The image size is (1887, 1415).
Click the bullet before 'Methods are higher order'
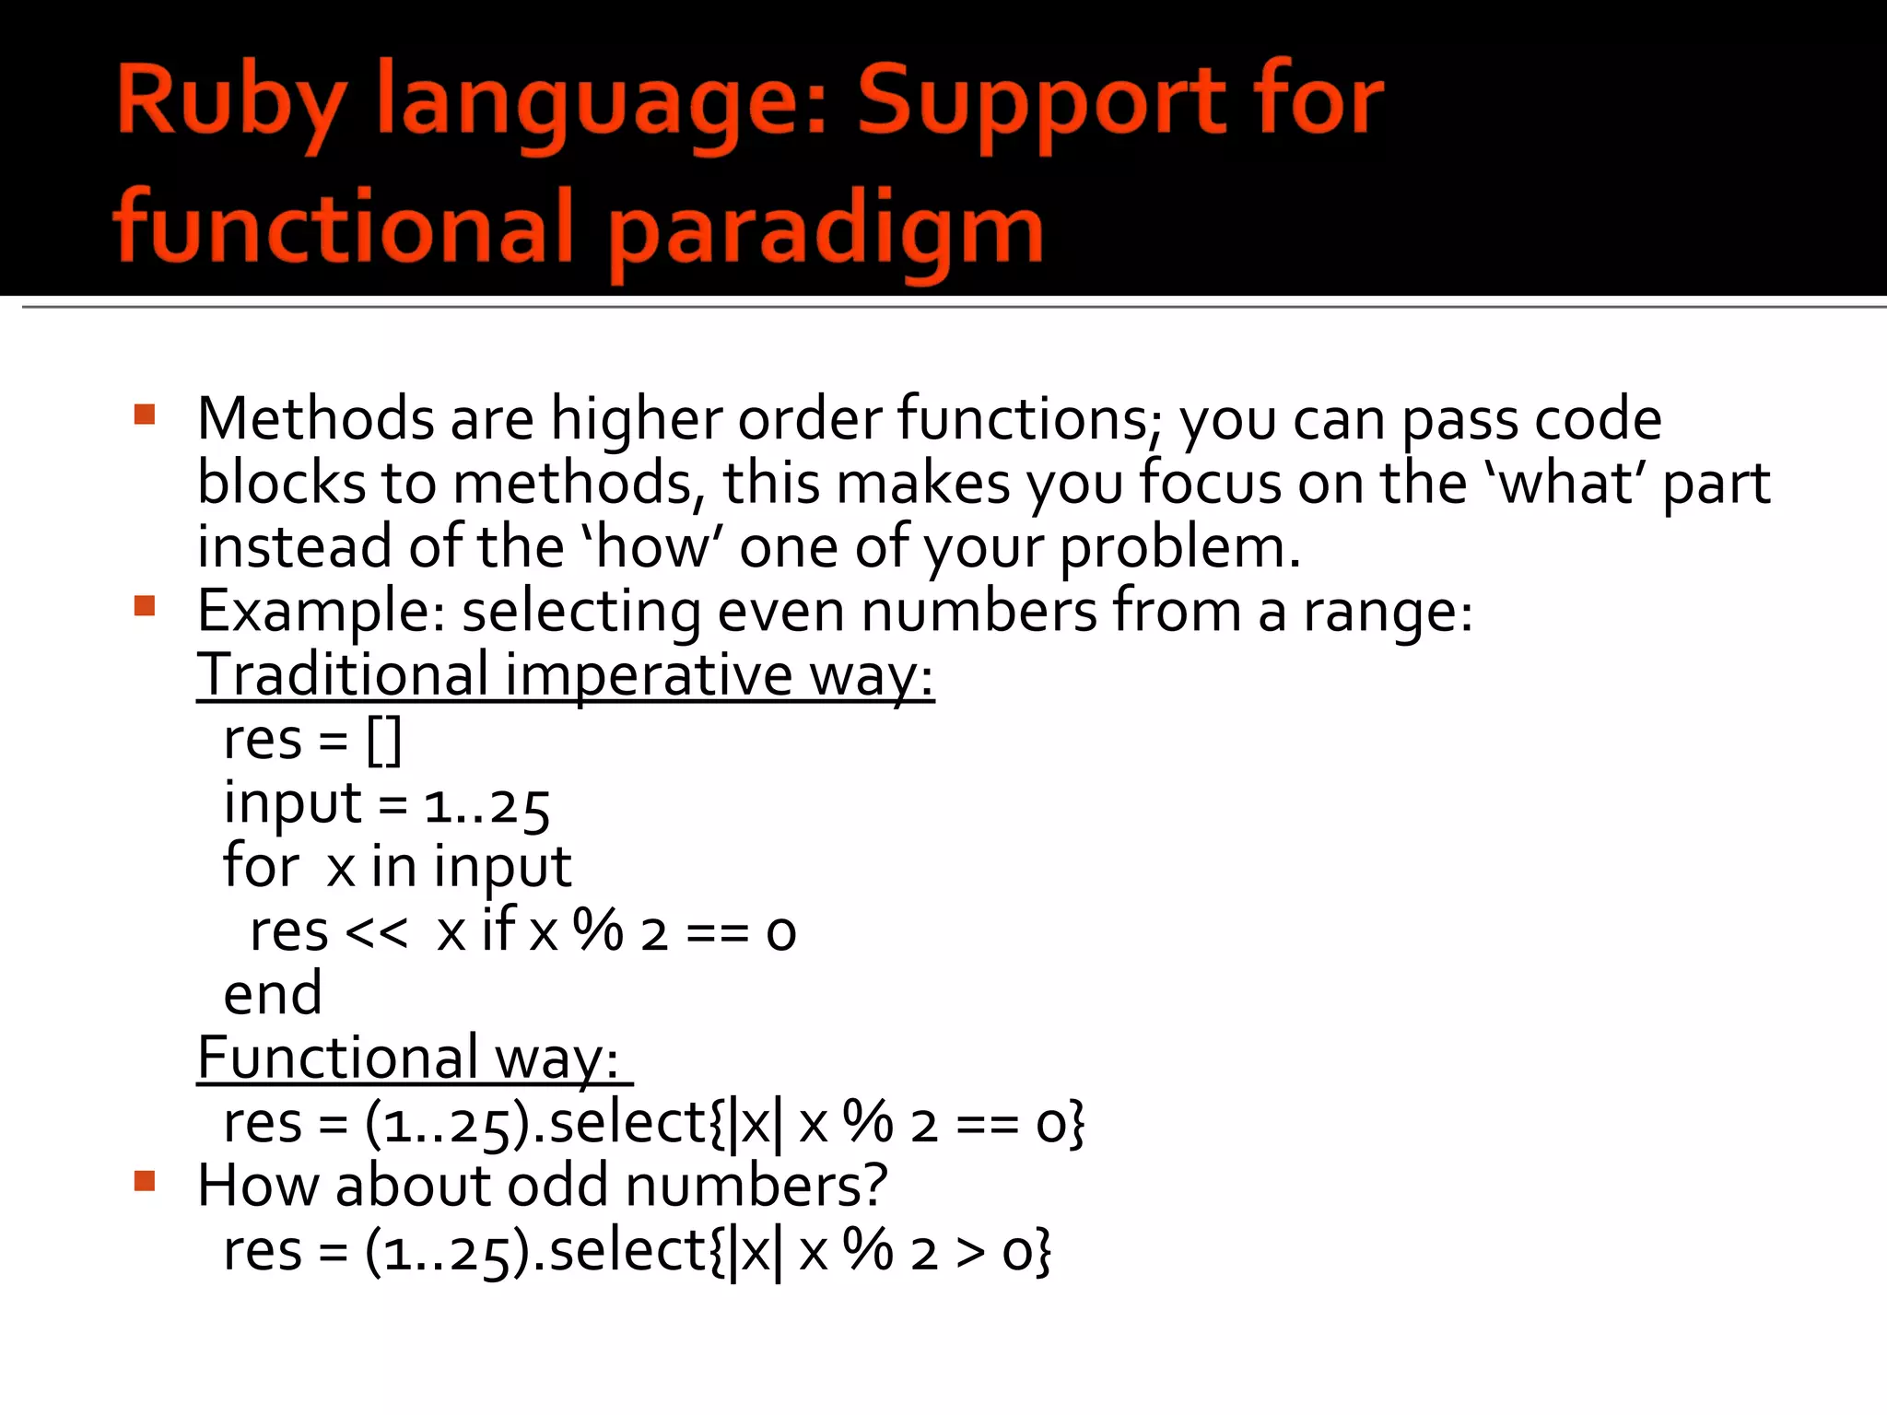(145, 414)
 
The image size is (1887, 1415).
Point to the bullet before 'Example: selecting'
(145, 606)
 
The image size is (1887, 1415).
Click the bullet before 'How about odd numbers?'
(145, 1181)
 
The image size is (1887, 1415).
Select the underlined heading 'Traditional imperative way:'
(565, 675)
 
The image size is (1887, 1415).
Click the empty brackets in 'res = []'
(383, 741)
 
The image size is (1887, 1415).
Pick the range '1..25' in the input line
(486, 806)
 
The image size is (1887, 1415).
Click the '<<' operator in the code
(376, 933)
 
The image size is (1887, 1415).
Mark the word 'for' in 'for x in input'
(261, 867)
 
